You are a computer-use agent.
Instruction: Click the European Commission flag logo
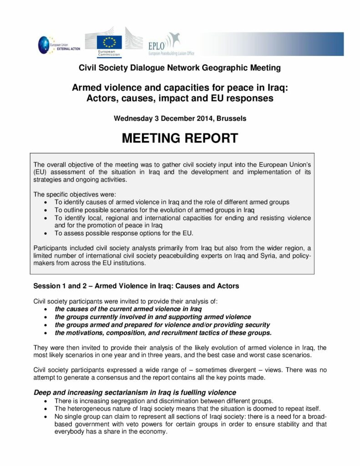[109, 42]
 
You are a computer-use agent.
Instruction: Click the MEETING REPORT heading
[180, 138]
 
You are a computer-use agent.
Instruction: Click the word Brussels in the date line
[232, 118]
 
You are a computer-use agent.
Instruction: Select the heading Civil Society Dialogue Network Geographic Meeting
[180, 68]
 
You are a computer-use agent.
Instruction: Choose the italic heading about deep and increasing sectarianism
[135, 392]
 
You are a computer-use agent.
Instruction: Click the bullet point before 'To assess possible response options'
[46, 233]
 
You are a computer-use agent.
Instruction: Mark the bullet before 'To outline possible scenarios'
[46, 210]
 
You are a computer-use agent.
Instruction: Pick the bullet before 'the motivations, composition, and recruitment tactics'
[46, 333]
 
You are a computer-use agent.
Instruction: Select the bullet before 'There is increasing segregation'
[46, 400]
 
